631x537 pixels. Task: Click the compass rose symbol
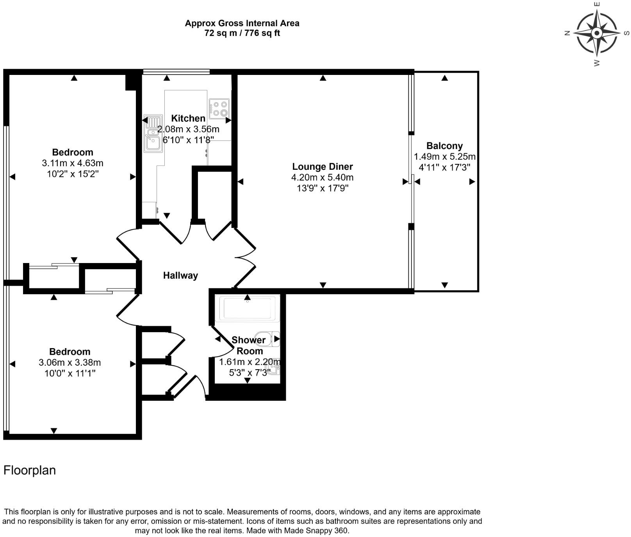(596, 33)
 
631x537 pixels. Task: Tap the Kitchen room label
(188, 118)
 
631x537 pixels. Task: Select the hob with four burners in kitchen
(219, 108)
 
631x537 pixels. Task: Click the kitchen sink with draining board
(153, 133)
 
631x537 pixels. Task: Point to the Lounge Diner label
(322, 167)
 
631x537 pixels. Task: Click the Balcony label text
(444, 146)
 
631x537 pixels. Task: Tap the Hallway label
(180, 276)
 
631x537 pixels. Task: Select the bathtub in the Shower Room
(248, 308)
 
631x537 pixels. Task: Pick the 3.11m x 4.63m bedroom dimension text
(72, 163)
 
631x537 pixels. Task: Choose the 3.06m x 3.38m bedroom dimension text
(70, 363)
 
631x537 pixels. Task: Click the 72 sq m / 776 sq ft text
(242, 33)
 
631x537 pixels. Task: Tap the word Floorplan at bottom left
(30, 470)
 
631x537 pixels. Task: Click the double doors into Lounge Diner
(245, 258)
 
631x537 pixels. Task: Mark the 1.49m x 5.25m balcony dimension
(444, 157)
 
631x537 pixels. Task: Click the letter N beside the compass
(567, 33)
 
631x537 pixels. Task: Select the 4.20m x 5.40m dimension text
(322, 178)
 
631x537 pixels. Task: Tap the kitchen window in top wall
(176, 71)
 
